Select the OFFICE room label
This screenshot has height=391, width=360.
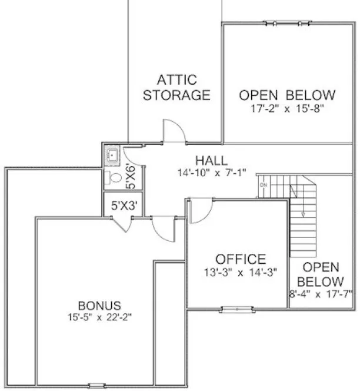pyautogui.click(x=241, y=259)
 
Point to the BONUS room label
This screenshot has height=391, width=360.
pyautogui.click(x=99, y=306)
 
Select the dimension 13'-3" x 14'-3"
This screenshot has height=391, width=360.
pyautogui.click(x=241, y=272)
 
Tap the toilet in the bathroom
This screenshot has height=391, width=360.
pyautogui.click(x=114, y=177)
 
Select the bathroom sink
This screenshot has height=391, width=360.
pyautogui.click(x=112, y=156)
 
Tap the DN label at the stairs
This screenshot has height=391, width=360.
pyautogui.click(x=264, y=185)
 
